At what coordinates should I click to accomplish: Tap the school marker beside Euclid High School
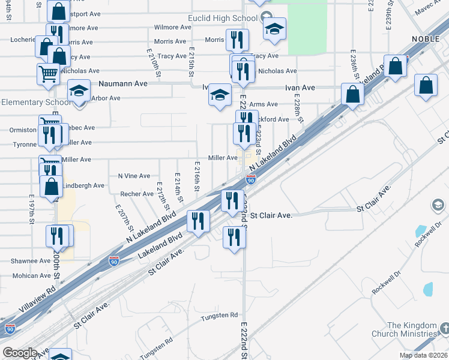tap(274, 29)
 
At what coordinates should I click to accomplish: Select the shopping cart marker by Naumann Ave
tap(48, 74)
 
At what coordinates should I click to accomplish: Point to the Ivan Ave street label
tap(300, 88)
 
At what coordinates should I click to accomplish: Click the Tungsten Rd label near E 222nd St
tap(219, 316)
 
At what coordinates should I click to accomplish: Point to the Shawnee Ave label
tap(31, 261)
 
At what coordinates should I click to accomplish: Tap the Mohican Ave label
tap(31, 276)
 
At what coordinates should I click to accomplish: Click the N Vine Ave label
tap(134, 176)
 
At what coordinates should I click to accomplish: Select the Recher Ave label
tap(137, 194)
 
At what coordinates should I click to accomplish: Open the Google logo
tap(19, 353)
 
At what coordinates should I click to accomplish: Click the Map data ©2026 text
tap(423, 355)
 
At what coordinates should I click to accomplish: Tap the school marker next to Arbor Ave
tap(79, 91)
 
